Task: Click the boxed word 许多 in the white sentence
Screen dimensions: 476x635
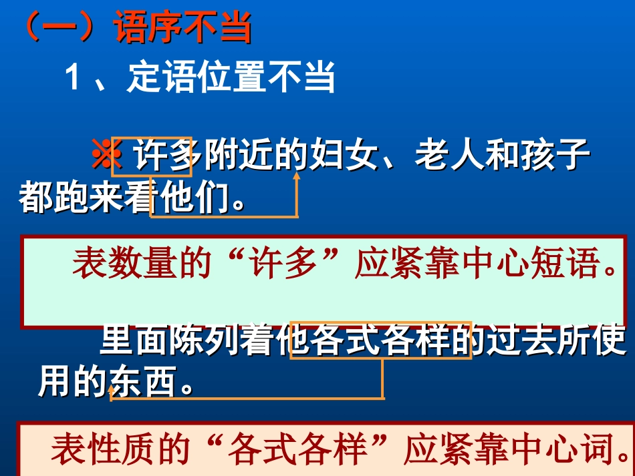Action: [164, 158]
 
